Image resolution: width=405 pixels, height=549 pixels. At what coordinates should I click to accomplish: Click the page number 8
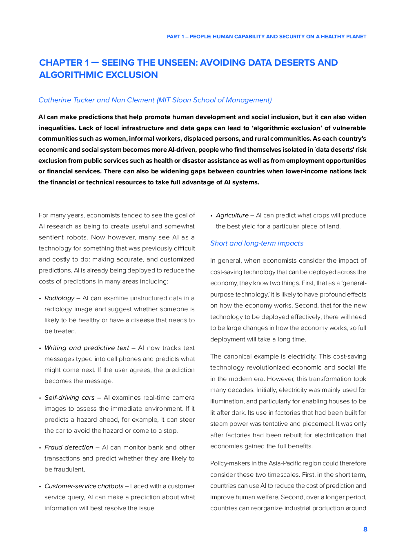[x=365, y=529]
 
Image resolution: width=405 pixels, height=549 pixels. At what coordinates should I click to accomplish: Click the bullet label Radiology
[x=60, y=298]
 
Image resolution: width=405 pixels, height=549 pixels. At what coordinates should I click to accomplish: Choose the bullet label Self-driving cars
[x=69, y=398]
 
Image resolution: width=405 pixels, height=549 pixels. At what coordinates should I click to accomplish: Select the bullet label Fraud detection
[x=69, y=447]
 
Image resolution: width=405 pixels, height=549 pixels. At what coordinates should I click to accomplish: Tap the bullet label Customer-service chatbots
[x=84, y=486]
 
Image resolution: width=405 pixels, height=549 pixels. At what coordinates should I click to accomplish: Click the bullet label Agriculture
[x=232, y=215]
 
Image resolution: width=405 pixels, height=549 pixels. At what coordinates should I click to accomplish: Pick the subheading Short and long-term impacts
[x=257, y=244]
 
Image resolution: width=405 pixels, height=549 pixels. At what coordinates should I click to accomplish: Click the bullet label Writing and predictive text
[x=87, y=348]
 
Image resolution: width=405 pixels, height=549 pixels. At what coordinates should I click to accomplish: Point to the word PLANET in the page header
[x=356, y=37]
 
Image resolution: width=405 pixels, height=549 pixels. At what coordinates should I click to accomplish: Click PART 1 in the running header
[x=175, y=37]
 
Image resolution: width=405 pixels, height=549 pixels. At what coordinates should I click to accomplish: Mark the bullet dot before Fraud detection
[x=40, y=448]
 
